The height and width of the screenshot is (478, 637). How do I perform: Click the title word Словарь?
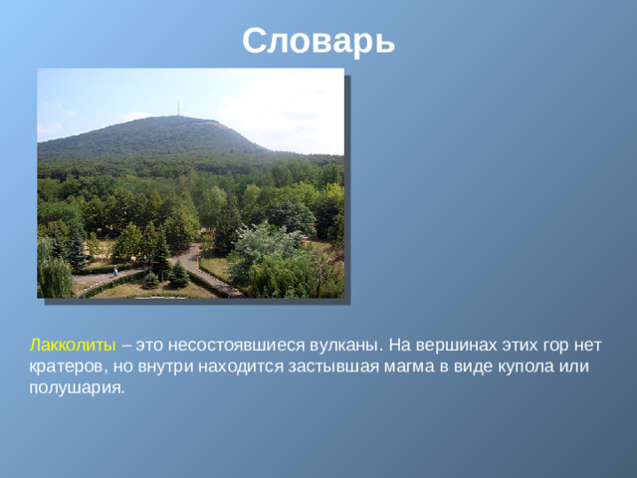click(318, 41)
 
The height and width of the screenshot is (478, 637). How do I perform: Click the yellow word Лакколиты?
click(74, 345)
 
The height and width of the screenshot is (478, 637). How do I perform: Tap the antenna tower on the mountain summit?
click(178, 108)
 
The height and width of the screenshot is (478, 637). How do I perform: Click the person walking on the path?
click(115, 271)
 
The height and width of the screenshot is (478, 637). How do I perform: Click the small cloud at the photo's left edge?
click(48, 129)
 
